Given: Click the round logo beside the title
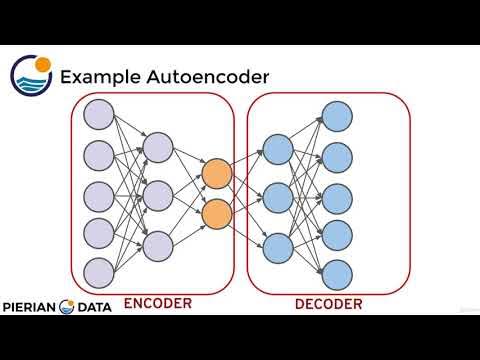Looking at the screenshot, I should pos(31,74).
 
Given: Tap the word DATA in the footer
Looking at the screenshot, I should pos(99,307).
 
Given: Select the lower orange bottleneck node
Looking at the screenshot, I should pos(216,211).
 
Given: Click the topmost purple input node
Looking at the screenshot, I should pos(99,115).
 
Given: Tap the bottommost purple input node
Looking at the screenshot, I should pos(99,271).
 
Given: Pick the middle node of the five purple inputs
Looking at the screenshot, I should pos(99,193).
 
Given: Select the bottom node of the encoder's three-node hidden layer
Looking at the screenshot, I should pos(158,243).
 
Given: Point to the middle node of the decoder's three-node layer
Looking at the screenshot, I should pos(277,194).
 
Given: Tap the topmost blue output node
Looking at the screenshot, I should pos(336,116).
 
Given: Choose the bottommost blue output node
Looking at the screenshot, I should pos(336,271).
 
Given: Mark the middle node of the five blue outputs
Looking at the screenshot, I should pos(336,194).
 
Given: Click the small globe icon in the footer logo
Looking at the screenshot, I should pos(69,307).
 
